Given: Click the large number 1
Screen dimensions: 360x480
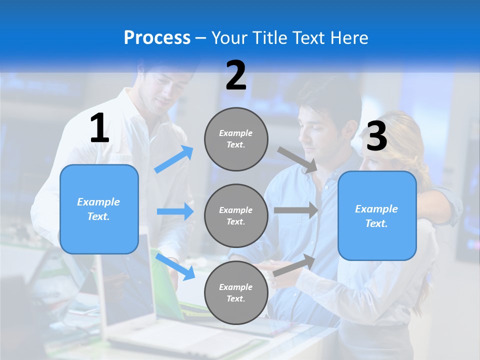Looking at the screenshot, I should [99, 128].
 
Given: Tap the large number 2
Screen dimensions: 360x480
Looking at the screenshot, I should [236, 75].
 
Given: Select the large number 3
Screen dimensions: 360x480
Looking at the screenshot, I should [376, 136].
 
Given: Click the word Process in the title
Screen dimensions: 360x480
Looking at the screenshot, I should [157, 37].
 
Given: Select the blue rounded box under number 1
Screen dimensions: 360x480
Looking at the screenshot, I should [99, 209].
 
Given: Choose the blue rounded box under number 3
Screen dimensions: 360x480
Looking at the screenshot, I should [377, 215].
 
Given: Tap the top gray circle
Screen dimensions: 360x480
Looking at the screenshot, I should [236, 139].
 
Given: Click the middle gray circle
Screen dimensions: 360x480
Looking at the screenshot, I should [236, 215].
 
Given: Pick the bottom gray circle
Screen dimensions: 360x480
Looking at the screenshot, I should [236, 292].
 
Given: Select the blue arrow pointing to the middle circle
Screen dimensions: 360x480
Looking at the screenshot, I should [175, 211].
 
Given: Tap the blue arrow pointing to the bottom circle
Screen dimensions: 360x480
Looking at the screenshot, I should [175, 266].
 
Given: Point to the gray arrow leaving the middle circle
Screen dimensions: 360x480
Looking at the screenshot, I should [296, 210].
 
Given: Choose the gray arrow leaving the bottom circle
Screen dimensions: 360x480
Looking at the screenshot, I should [294, 264].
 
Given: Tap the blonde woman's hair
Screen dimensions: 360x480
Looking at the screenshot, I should [405, 140].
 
